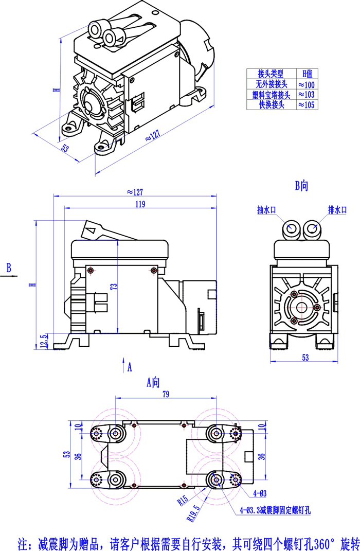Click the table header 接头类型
[271, 74]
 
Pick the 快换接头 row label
[271, 105]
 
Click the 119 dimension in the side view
[139, 204]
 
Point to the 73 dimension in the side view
[115, 287]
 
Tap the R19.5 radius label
[195, 515]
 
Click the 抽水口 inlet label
[267, 210]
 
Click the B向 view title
[301, 185]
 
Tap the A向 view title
[153, 382]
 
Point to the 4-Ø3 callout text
[260, 494]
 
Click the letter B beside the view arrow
[8, 268]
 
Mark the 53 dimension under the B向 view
[304, 358]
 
